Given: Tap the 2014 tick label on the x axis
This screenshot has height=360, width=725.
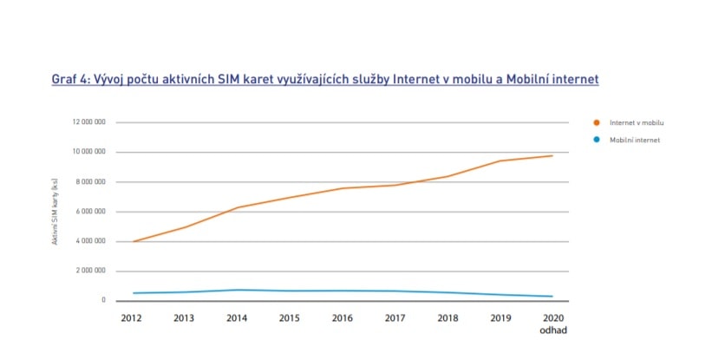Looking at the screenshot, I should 237,318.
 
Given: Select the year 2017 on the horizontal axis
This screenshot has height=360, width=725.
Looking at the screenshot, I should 395,318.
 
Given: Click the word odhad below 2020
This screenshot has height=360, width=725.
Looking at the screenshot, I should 552,331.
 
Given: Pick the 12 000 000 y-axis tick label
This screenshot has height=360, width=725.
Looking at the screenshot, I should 88,122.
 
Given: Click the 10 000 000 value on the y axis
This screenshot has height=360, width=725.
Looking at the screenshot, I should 88,152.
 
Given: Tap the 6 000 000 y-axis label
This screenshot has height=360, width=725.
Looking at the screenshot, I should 90,212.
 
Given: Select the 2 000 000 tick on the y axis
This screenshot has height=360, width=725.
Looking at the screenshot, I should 90,271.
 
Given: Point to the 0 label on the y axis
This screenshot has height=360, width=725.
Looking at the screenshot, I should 102,300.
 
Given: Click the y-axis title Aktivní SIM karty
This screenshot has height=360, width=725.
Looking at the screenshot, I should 54,211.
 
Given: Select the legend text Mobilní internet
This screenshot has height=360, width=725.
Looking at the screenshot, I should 636,140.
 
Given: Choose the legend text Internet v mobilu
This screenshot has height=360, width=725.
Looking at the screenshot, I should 637,123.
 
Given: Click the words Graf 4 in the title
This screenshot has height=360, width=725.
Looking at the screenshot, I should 70,79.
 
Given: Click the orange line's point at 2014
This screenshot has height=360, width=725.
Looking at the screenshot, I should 237,207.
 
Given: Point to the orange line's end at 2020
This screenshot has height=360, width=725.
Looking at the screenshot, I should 552,155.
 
